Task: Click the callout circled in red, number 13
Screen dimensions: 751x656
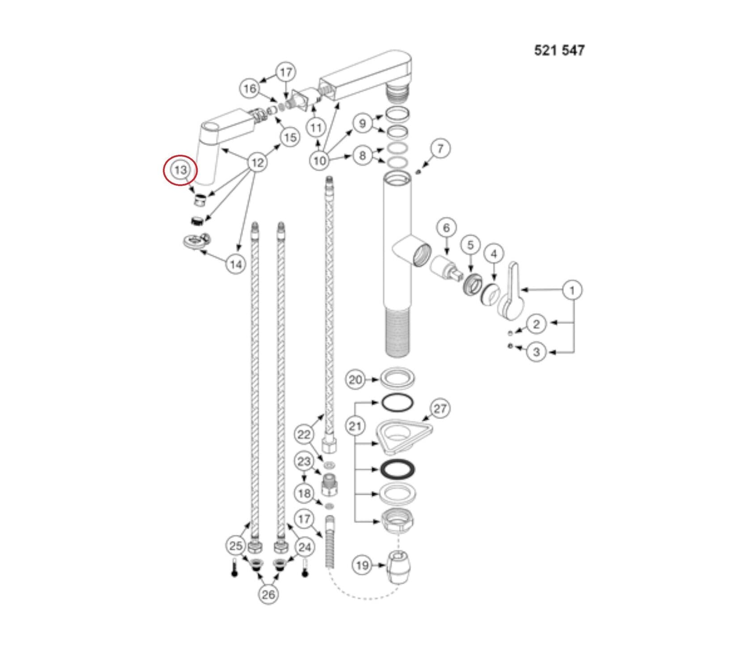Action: (180, 170)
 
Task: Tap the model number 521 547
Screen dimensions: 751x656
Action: (559, 50)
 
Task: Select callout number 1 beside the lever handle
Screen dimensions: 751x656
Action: (572, 290)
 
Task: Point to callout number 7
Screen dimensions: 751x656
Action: (440, 148)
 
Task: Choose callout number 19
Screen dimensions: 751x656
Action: (362, 565)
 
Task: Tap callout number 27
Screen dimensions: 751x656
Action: (440, 408)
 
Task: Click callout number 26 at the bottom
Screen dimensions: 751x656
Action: (268, 594)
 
